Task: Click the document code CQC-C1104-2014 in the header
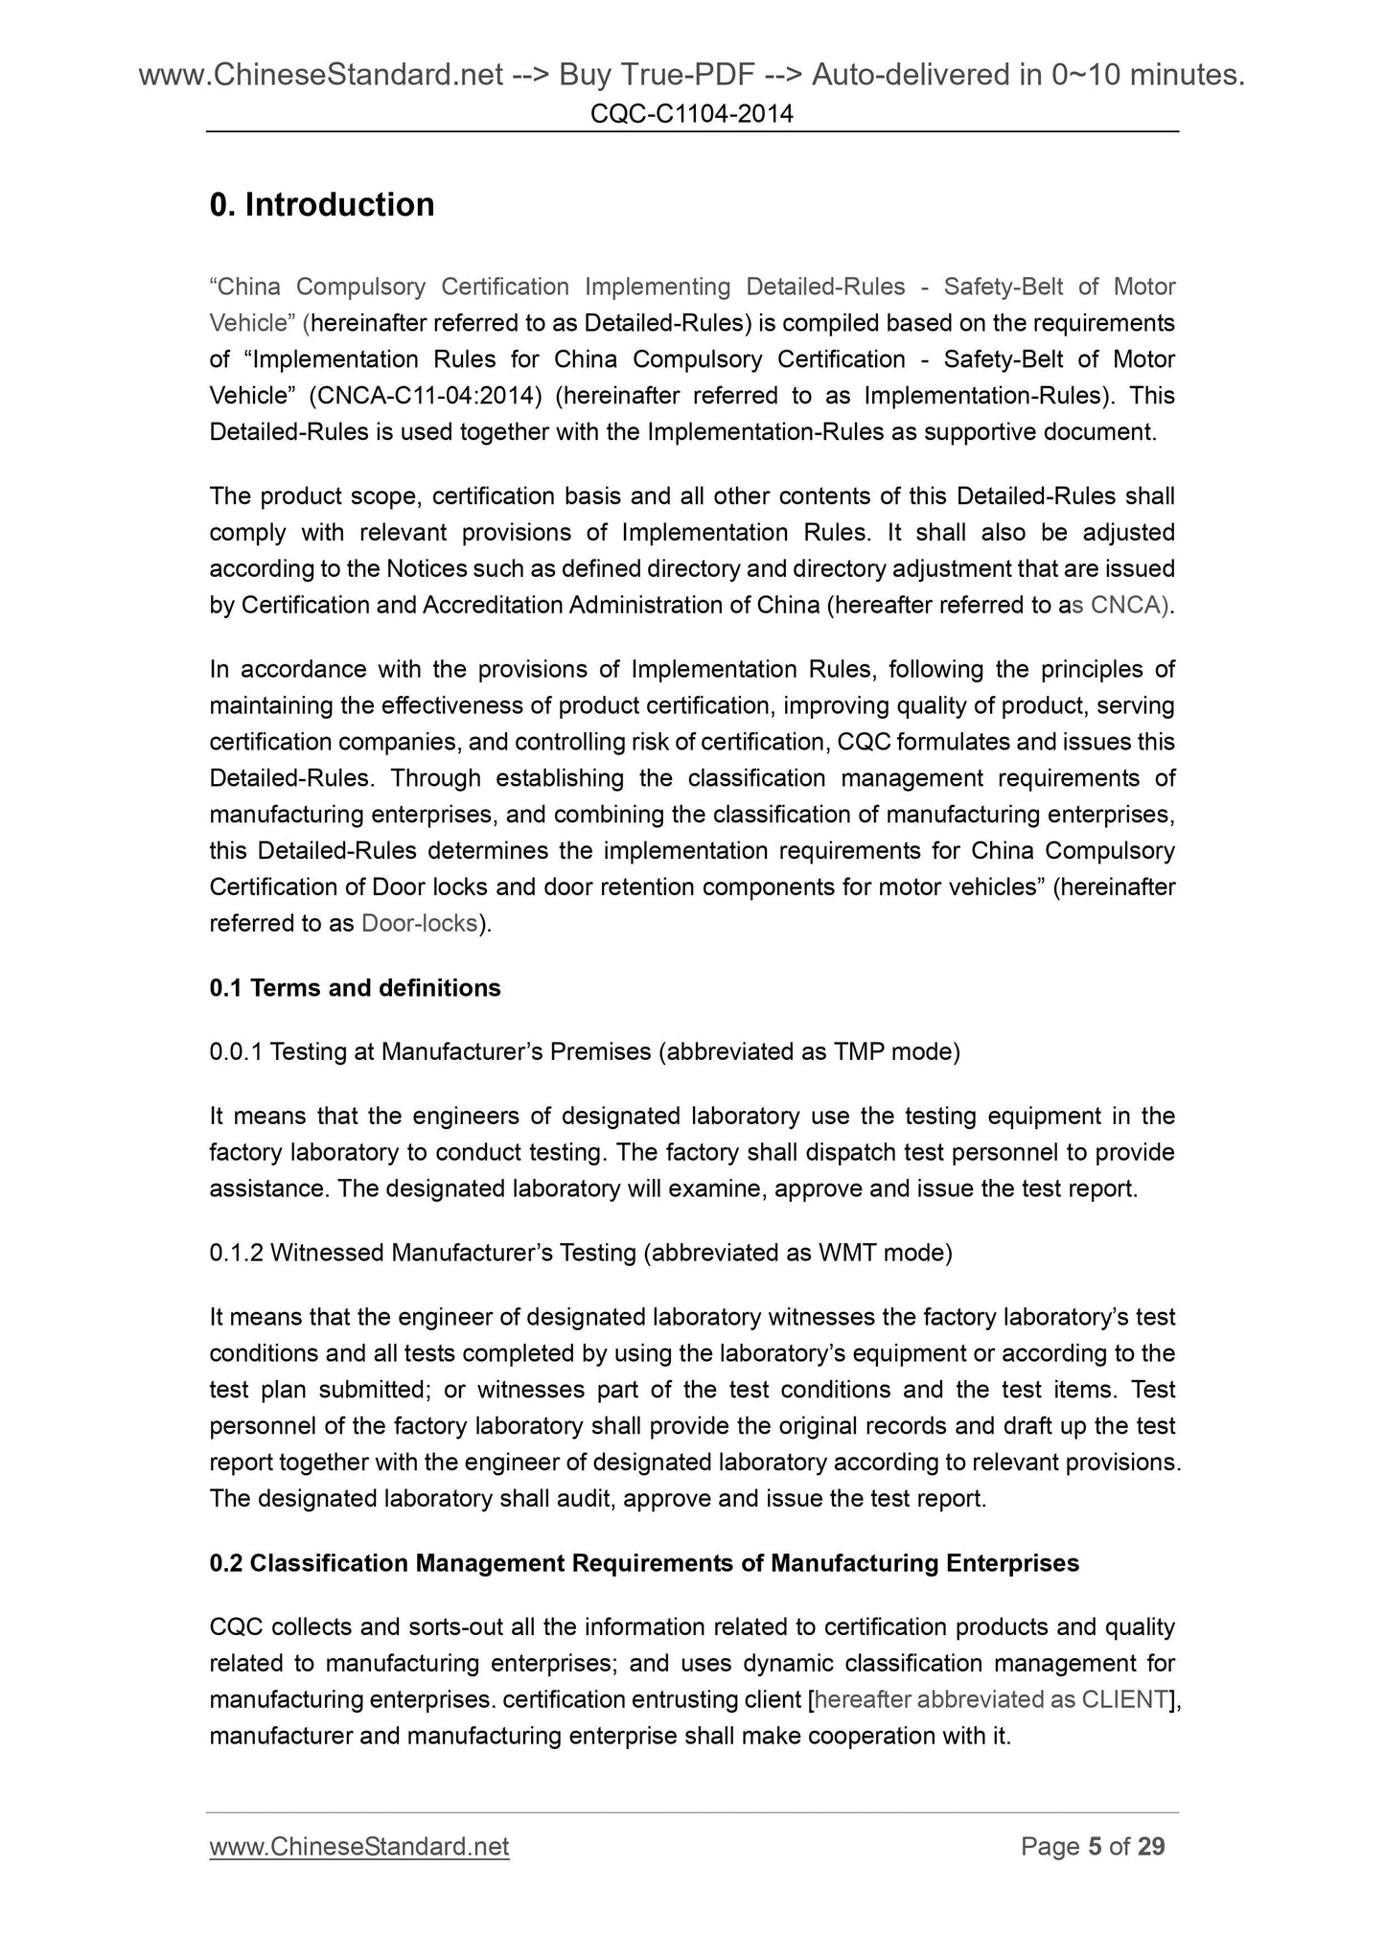coord(692,115)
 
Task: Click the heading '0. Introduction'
coord(322,205)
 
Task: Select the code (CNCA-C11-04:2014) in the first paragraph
coord(427,396)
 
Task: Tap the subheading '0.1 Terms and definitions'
coord(355,988)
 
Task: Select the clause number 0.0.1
coord(236,1052)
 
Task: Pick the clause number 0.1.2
coord(236,1253)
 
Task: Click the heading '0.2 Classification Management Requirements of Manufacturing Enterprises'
coord(644,1563)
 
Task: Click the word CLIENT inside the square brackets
coord(1125,1699)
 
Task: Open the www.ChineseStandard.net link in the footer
coord(359,1847)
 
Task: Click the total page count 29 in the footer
coord(1150,1847)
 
